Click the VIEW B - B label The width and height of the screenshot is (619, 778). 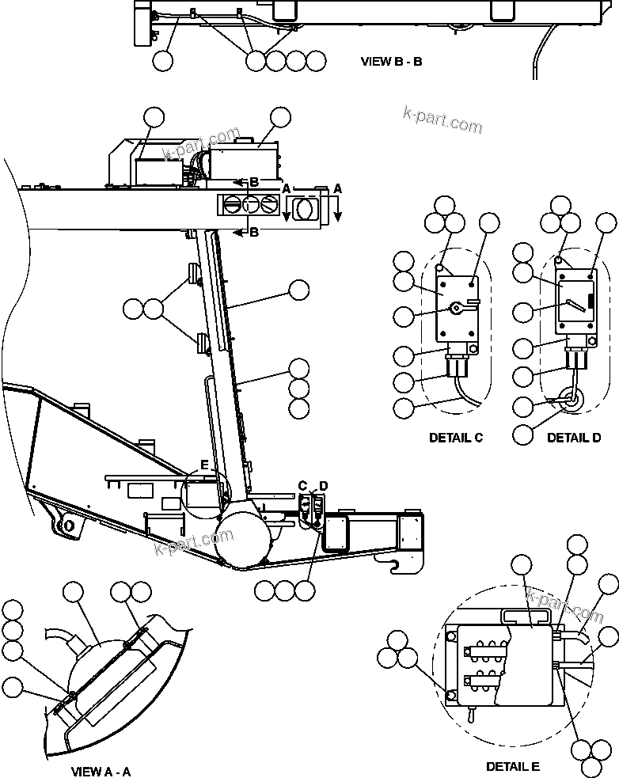[x=391, y=61]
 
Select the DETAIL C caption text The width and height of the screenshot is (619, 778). [x=456, y=438]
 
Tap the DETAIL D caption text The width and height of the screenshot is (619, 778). [x=574, y=438]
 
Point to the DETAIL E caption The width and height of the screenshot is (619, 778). [x=512, y=767]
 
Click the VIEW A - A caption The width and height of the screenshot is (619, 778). [x=101, y=770]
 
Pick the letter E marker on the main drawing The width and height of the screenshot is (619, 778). [x=203, y=466]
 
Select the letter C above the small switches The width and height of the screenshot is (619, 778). [x=302, y=485]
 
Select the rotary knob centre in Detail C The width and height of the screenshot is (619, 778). [x=456, y=307]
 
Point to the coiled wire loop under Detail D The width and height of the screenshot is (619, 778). [x=570, y=402]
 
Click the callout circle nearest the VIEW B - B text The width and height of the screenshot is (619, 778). [x=316, y=61]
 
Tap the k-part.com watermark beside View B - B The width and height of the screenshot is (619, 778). [x=442, y=121]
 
